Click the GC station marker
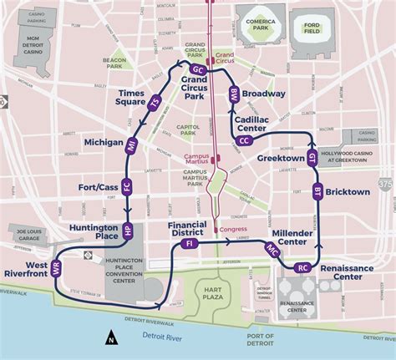click(x=199, y=68)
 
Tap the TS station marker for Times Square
click(x=154, y=104)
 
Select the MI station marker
click(x=132, y=145)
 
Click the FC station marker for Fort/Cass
click(x=127, y=188)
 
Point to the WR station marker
click(x=57, y=269)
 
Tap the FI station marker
click(x=189, y=243)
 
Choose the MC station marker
click(x=272, y=249)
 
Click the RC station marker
click(x=302, y=268)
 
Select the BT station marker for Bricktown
click(x=317, y=192)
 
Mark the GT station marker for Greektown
click(x=312, y=157)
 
